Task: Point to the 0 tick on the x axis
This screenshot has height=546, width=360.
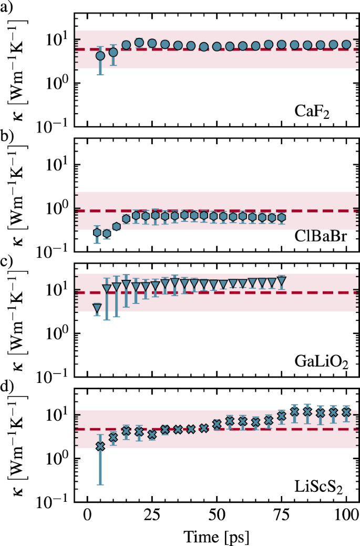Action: pyautogui.click(x=87, y=514)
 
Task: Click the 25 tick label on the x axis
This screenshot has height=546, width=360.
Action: pyautogui.click(x=151, y=514)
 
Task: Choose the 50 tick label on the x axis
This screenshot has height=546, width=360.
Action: pyautogui.click(x=216, y=514)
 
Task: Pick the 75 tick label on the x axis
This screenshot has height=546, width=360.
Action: pyautogui.click(x=281, y=514)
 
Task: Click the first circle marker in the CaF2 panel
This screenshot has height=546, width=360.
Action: pyautogui.click(x=100, y=56)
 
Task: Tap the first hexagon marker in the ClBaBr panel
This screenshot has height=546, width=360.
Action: pyautogui.click(x=97, y=232)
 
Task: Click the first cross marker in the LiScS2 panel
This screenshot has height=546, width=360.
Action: pyautogui.click(x=100, y=446)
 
